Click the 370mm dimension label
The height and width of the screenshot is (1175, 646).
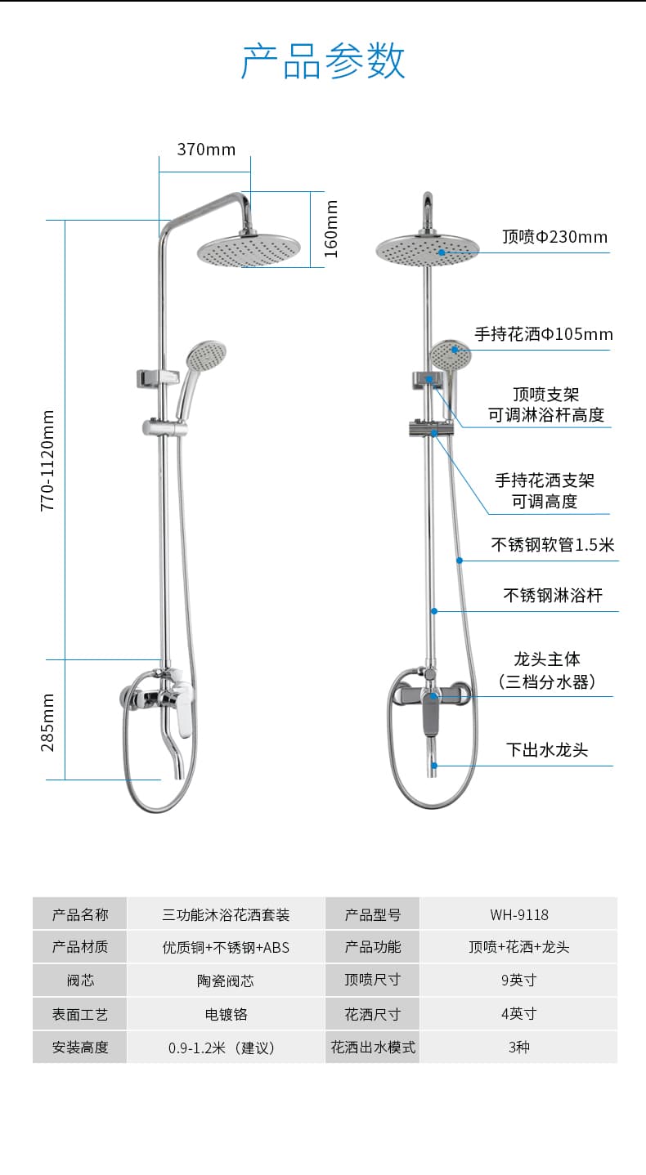[x=206, y=150]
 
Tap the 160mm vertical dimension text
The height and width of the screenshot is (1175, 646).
[x=331, y=229]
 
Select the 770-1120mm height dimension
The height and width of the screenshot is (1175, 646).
[x=47, y=461]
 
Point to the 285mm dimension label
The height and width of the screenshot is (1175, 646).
[x=47, y=722]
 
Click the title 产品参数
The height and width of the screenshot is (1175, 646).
[x=323, y=60]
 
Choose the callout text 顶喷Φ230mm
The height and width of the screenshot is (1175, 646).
[x=554, y=237]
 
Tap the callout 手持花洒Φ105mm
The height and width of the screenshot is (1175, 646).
[x=544, y=334]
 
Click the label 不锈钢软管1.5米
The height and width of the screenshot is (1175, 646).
[x=553, y=544]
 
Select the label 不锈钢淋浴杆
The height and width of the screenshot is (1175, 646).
[x=553, y=595]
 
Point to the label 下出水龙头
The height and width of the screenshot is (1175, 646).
[x=547, y=749]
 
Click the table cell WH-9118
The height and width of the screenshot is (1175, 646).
[x=519, y=915]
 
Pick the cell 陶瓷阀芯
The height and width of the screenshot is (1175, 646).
[x=226, y=981]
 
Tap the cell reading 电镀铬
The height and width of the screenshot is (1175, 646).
[x=226, y=1014]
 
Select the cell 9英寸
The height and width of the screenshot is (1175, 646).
[x=519, y=980]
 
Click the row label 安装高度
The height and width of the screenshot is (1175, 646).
[x=80, y=1048]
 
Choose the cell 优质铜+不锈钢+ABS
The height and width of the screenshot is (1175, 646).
[x=226, y=947]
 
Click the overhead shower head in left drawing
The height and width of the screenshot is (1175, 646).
[x=249, y=250]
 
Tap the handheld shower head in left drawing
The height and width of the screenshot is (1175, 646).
[x=206, y=355]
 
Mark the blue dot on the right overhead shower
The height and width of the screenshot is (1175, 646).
[x=442, y=252]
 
